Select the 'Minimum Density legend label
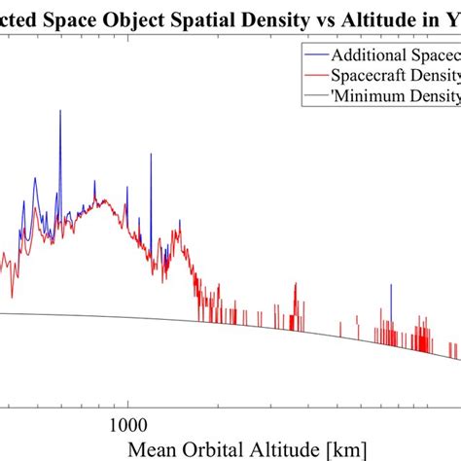(x=400, y=95)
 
